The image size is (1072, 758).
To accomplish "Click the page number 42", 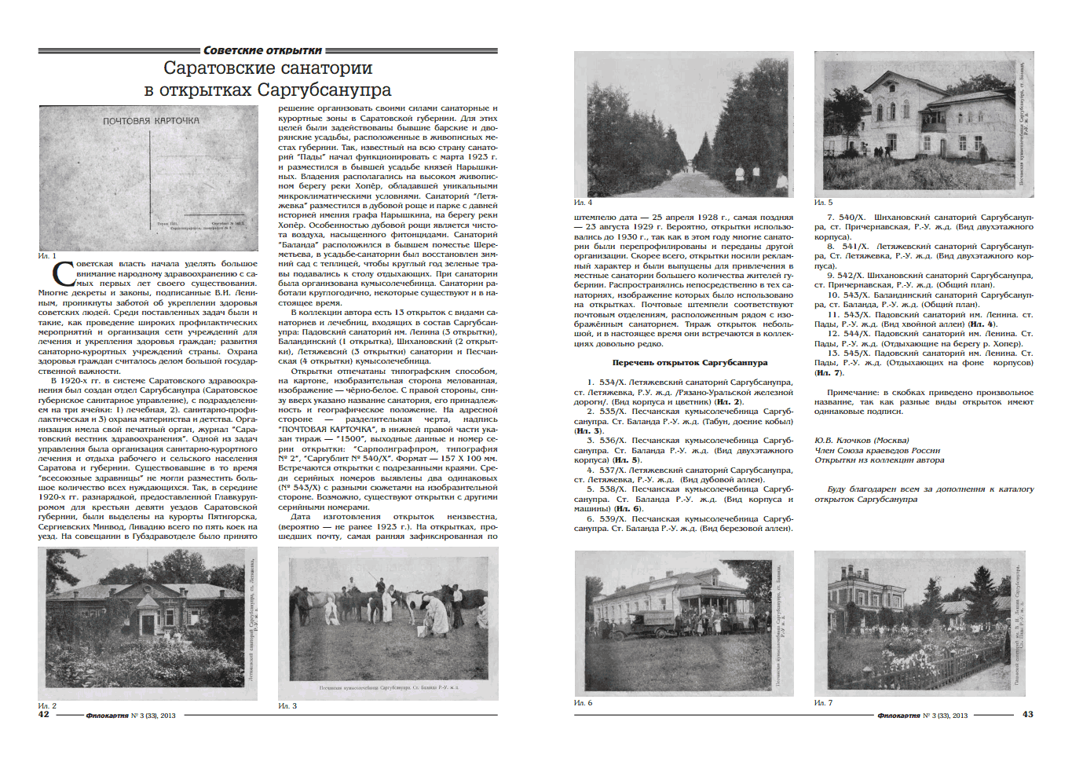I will [x=43, y=714].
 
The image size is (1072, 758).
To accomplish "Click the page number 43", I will [x=1027, y=714].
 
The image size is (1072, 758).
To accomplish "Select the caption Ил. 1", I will [x=47, y=256].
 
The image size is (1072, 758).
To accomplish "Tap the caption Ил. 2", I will [x=47, y=705].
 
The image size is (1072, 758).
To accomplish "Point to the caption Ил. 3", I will [x=287, y=705].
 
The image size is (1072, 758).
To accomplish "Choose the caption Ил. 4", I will [x=583, y=203].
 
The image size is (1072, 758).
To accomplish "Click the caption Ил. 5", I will [x=823, y=203].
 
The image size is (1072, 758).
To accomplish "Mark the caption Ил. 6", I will [x=583, y=702].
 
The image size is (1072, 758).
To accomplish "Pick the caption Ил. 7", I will [x=823, y=702].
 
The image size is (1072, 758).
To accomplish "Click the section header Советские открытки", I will [x=262, y=50].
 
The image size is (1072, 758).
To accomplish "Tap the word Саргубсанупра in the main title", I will [x=324, y=90].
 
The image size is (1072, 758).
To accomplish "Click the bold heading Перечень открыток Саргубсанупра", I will [x=690, y=363].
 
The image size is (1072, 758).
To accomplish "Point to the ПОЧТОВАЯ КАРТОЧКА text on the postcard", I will [x=151, y=121].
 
